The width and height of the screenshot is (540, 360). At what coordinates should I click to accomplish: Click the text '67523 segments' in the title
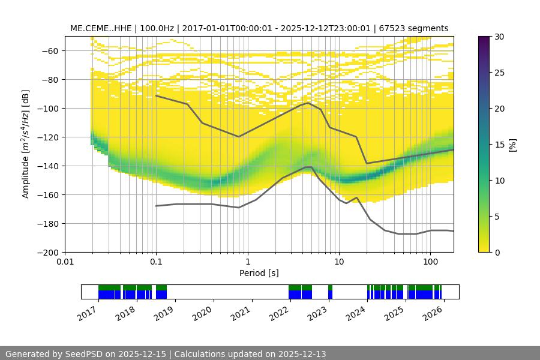coord(418,28)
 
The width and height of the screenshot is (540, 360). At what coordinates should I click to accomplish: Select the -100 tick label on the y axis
coord(47,108)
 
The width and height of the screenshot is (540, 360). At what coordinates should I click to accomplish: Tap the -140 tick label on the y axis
coord(47,166)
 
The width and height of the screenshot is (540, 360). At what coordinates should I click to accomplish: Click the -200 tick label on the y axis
coord(47,252)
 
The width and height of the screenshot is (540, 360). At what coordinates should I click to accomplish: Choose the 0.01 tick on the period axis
coord(65,262)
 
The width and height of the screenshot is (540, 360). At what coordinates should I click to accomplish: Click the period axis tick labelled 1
coord(247,262)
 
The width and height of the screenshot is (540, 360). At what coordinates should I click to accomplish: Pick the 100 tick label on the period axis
coord(430,262)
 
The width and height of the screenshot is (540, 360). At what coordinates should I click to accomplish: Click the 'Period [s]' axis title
coord(259,274)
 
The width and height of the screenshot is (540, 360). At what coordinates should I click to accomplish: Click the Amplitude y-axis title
coord(26,143)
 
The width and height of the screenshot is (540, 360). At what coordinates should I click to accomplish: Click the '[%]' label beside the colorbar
coord(514,145)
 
